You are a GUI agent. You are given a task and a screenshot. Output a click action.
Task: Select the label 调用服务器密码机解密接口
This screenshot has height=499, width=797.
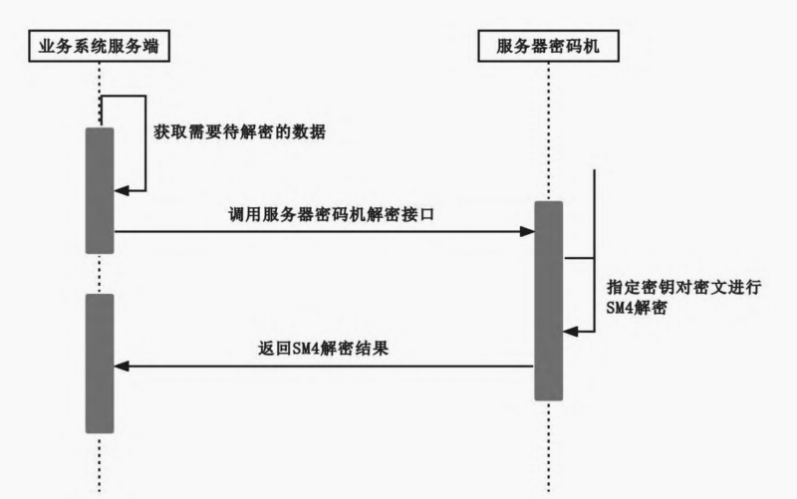click(x=323, y=214)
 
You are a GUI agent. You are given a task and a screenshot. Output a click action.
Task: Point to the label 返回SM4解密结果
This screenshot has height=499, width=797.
click(x=323, y=350)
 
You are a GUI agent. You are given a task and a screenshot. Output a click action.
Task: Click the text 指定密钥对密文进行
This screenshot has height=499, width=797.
click(x=683, y=286)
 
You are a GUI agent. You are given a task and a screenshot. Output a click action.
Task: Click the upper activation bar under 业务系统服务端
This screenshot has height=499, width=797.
click(x=100, y=189)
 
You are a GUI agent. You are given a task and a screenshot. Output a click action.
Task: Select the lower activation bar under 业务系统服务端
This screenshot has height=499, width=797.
click(x=100, y=363)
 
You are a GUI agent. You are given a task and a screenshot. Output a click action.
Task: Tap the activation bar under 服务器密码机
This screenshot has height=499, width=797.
click(x=548, y=300)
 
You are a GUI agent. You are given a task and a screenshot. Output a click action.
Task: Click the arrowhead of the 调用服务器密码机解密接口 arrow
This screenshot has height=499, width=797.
click(x=527, y=232)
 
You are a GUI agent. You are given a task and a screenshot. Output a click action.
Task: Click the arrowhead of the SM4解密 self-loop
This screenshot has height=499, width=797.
click(x=570, y=333)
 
